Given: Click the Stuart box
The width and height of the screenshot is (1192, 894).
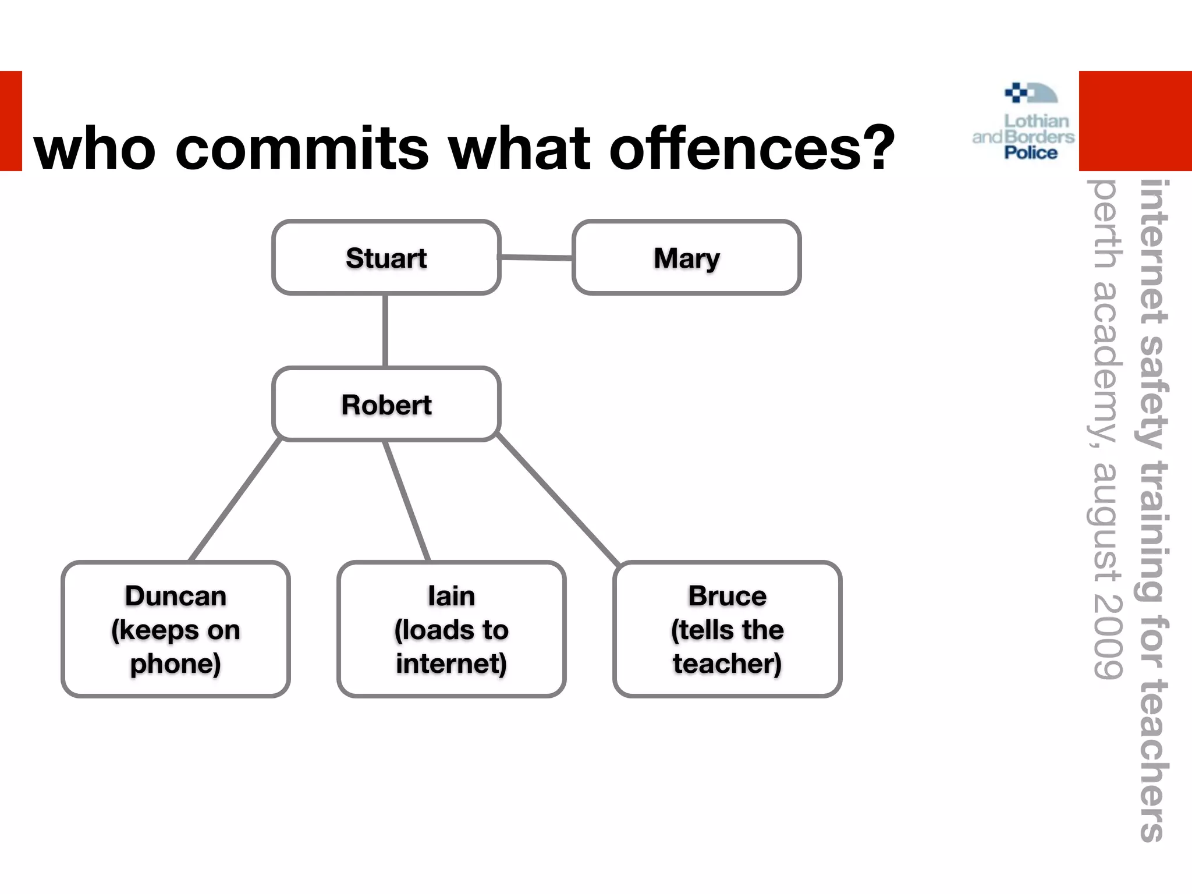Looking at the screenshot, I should click(x=386, y=257).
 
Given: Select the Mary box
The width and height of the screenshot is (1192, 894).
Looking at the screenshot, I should click(x=687, y=257).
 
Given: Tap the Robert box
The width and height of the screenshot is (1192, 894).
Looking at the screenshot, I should click(x=386, y=404).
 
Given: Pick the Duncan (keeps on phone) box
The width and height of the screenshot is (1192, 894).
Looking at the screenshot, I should click(x=176, y=629).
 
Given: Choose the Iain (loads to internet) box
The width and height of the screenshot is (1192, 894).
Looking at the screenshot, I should click(x=452, y=629).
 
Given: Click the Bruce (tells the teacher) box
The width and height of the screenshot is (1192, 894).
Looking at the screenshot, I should click(x=728, y=629).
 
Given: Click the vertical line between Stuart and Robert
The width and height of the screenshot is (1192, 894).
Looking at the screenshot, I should click(x=385, y=331).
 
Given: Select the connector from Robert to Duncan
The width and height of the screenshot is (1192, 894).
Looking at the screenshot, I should click(x=236, y=499).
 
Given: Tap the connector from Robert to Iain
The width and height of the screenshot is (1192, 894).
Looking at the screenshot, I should click(x=406, y=501).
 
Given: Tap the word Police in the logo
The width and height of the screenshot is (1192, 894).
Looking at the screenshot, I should click(x=1031, y=153).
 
